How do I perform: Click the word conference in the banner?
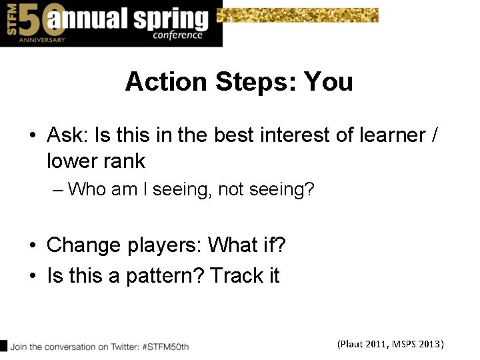(x=177, y=35)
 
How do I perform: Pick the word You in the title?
(x=328, y=82)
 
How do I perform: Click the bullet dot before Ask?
(x=32, y=136)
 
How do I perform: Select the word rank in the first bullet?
(x=123, y=161)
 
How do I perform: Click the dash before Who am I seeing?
(x=57, y=190)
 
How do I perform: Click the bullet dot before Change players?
(x=32, y=246)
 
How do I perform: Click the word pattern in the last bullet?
(x=164, y=275)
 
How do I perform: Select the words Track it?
(x=245, y=275)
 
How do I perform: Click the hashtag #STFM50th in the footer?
(x=165, y=347)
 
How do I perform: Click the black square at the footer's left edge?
(x=3, y=345)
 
